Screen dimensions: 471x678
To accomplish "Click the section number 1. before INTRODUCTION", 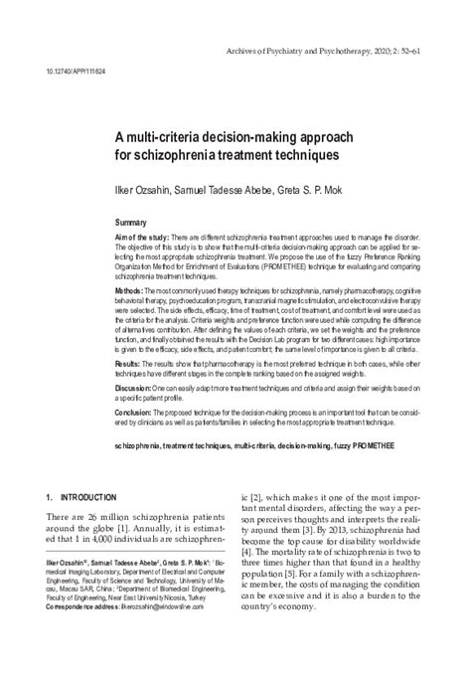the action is click(51, 494).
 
